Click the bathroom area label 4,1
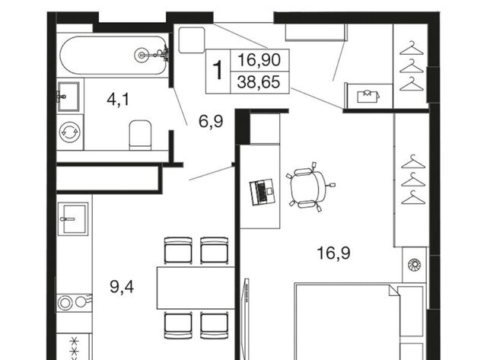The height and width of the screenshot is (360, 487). coord(118,100)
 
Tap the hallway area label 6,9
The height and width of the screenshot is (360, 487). coord(211,122)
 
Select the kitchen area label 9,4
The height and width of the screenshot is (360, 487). coord(122,287)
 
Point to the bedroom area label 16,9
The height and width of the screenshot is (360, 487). coord(333,253)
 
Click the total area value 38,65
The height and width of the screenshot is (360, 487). coord(259,82)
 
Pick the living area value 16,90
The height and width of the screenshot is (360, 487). coord(259,59)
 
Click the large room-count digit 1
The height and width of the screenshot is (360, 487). coord(218,71)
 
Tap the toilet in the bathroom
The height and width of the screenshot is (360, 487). coord(140,135)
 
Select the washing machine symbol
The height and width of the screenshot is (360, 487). coord(69,132)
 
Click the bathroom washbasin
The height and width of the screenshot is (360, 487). coord(68,97)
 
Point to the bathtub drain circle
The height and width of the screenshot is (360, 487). coord(142,56)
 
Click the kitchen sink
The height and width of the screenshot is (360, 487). coord(73,218)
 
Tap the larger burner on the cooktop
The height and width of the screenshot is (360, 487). coord(65,303)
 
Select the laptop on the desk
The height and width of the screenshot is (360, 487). coord(262,192)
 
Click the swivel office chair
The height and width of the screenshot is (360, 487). coord(309,187)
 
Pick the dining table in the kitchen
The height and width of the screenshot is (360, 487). coord(196,288)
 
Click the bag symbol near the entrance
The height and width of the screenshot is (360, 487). coord(368,97)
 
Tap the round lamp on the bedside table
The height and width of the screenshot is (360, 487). coord(414,265)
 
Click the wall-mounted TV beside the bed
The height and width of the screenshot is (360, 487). coord(247,319)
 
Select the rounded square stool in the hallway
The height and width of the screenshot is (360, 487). coord(192,40)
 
